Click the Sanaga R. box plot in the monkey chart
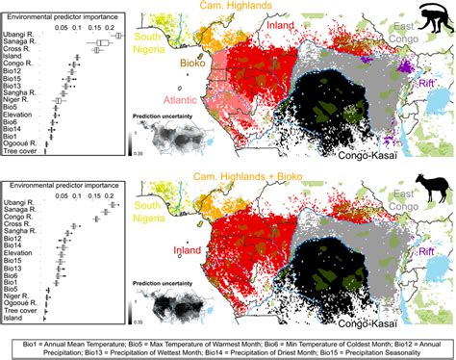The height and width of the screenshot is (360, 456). (x=99, y=43)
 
